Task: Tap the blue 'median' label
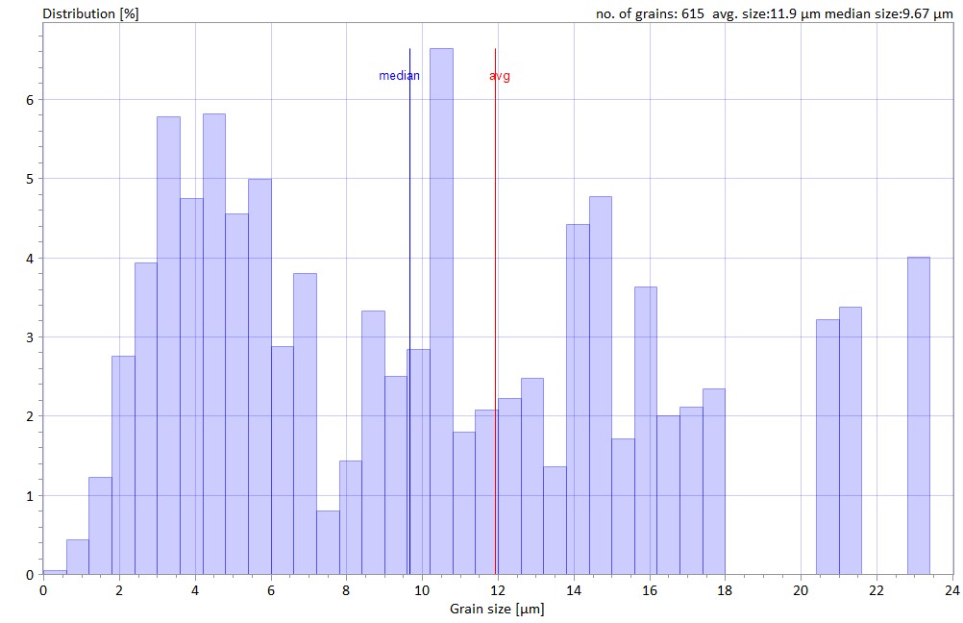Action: tap(399, 76)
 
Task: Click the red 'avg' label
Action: tap(500, 76)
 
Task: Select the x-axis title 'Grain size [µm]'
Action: tap(498, 609)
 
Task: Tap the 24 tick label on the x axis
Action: tap(951, 589)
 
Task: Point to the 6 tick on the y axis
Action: tap(30, 100)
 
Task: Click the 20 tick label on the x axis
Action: tap(801, 589)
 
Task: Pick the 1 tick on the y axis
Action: tap(30, 496)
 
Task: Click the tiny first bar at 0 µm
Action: tap(55, 572)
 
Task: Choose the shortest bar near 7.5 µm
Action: tap(328, 543)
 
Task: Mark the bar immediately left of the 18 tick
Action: tap(713, 482)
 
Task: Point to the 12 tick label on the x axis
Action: tap(498, 589)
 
